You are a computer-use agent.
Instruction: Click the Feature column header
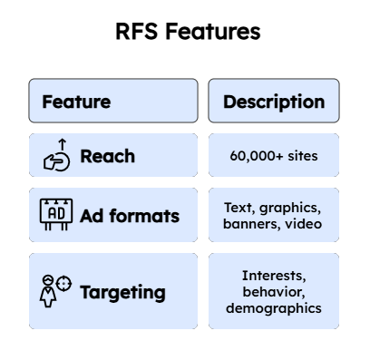tap(76, 102)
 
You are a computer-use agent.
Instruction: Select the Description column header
tap(273, 102)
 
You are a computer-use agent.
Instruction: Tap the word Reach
tap(107, 156)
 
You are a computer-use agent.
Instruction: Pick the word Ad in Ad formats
tap(91, 216)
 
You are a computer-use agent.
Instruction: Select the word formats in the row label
tap(143, 216)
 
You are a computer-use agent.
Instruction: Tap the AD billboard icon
tap(55, 214)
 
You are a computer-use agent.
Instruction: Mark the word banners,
tap(251, 223)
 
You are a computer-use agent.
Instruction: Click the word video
tap(303, 223)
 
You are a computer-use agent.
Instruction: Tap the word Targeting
tap(122, 292)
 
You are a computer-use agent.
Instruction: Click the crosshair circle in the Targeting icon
tap(63, 284)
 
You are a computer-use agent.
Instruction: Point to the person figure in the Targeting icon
tap(47, 293)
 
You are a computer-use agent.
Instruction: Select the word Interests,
tap(273, 276)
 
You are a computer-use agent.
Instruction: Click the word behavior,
tap(273, 291)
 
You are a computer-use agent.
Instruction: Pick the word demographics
tap(273, 307)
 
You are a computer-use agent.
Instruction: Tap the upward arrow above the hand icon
tap(62, 143)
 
